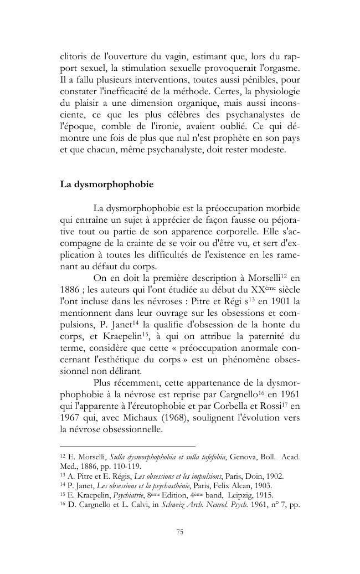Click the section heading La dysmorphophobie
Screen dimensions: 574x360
pyautogui.click(x=106, y=184)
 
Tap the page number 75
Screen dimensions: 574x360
pyautogui.click(x=179, y=532)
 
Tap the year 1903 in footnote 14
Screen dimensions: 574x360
pyautogui.click(x=249, y=485)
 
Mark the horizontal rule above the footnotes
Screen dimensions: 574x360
pyautogui.click(x=127, y=446)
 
